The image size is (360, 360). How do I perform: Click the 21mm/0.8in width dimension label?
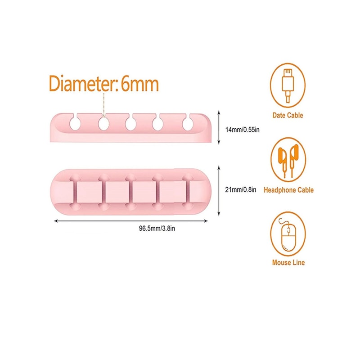coord(241,189)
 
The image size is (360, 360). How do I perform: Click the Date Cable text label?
coord(288,115)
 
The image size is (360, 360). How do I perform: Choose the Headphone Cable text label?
coord(288,190)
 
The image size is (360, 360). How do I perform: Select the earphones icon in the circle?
coord(288,158)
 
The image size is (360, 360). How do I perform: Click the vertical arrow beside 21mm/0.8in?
coord(219,190)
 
